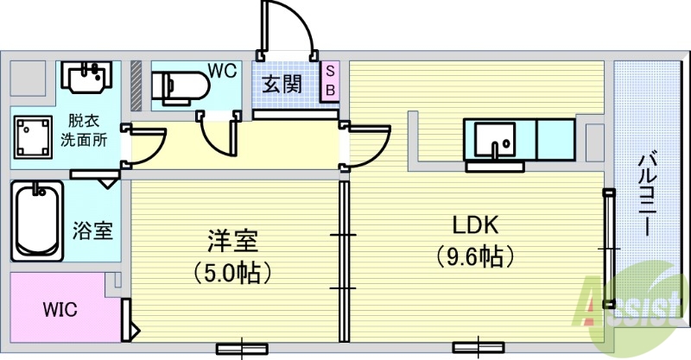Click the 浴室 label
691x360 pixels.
pyautogui.click(x=92, y=231)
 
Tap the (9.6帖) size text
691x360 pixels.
pyautogui.click(x=475, y=256)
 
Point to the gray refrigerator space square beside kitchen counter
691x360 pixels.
pyautogui.click(x=595, y=139)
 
